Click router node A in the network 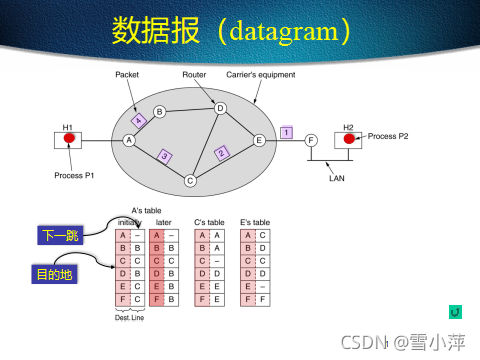click(x=129, y=141)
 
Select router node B click(x=158, y=112)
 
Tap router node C click(x=189, y=181)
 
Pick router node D click(x=221, y=108)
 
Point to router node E click(x=259, y=141)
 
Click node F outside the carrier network click(x=311, y=141)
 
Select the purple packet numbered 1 click(x=286, y=132)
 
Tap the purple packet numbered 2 click(x=222, y=152)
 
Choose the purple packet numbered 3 click(x=166, y=155)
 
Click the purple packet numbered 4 click(x=140, y=120)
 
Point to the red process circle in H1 click(x=70, y=139)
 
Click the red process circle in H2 click(x=349, y=138)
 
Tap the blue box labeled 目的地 click(x=47, y=271)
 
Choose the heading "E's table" click(x=255, y=222)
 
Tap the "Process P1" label click(x=74, y=175)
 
